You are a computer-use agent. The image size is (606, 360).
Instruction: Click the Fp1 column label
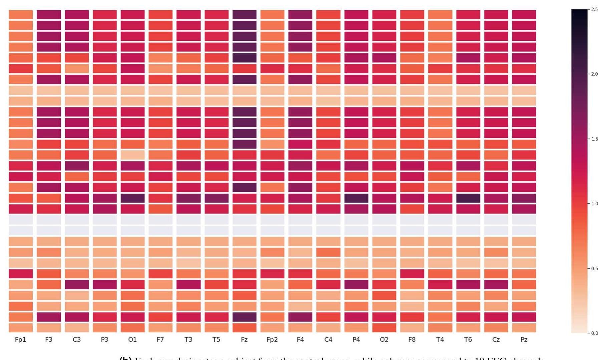(21, 340)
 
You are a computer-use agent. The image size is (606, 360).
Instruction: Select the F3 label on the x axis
(49, 340)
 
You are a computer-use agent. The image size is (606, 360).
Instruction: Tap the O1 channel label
(132, 340)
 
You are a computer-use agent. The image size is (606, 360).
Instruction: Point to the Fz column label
(244, 340)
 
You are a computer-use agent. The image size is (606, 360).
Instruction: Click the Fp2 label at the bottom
(272, 340)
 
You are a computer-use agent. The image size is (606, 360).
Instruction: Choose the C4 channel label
(328, 340)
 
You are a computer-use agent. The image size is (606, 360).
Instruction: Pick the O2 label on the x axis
(384, 340)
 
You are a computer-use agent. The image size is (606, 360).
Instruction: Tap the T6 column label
(468, 340)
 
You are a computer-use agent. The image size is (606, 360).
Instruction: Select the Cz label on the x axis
(496, 340)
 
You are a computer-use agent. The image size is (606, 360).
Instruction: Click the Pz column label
(524, 340)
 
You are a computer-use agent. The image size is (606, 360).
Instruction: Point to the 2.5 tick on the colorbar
(594, 9)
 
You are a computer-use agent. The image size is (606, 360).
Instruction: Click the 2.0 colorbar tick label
(594, 74)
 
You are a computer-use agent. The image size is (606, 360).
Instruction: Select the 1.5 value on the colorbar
(594, 139)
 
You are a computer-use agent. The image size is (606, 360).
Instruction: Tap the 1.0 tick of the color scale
(594, 204)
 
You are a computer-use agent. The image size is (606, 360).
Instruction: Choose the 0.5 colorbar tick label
(594, 269)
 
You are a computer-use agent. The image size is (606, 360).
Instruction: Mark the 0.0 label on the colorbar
(594, 333)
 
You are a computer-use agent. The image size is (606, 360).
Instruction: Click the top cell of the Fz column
(244, 15)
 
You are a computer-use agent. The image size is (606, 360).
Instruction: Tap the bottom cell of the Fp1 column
(21, 328)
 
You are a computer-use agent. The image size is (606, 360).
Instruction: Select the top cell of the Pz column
(524, 15)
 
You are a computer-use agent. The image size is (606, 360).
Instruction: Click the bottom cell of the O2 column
(384, 328)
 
